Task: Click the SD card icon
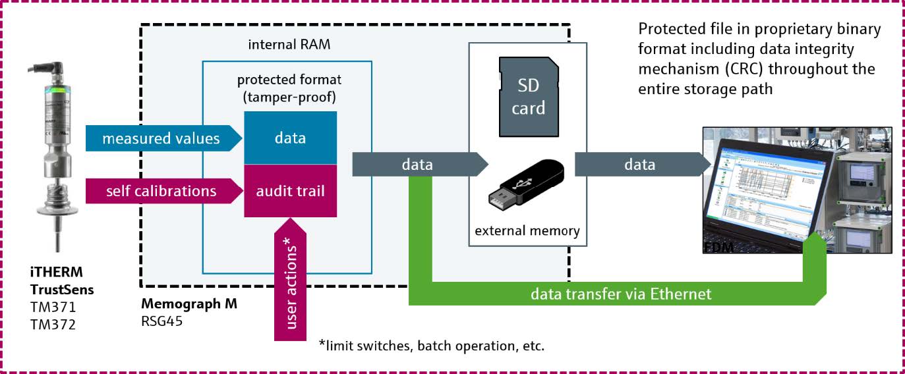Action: (x=528, y=95)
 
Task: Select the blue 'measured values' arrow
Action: (x=160, y=138)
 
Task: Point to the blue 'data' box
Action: (x=290, y=138)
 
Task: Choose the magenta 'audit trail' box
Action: (x=290, y=191)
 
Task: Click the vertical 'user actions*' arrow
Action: (x=289, y=283)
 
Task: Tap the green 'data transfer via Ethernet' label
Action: (x=621, y=294)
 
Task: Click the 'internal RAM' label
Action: (x=289, y=45)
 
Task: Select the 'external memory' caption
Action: (x=527, y=230)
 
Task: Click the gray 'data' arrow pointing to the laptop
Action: (x=639, y=165)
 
